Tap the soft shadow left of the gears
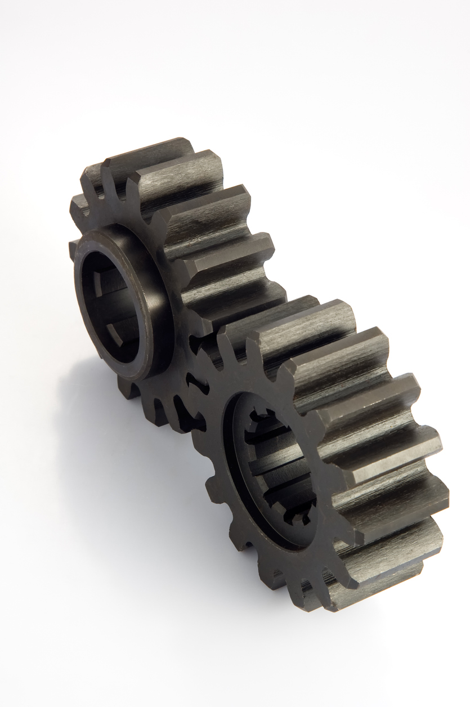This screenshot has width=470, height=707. coord(84,428)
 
